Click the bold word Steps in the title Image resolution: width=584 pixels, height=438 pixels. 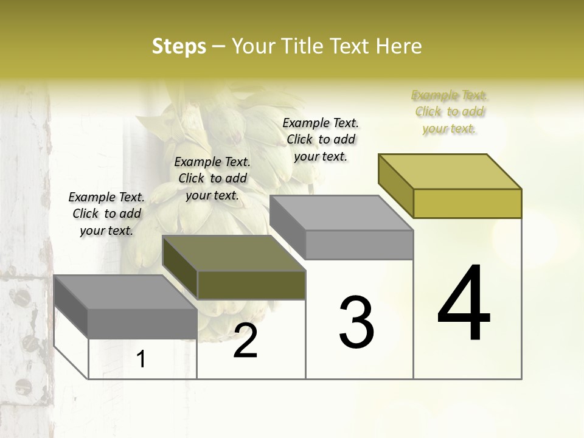(x=179, y=46)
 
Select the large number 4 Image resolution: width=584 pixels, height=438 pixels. (x=464, y=304)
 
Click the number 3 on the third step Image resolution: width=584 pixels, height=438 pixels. (x=356, y=322)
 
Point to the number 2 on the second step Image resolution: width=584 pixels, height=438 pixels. (x=246, y=341)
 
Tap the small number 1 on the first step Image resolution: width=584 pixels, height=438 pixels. (x=141, y=360)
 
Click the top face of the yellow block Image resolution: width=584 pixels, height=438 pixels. (x=450, y=172)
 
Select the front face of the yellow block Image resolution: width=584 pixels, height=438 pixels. (x=467, y=203)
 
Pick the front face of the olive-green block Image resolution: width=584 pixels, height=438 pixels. (x=251, y=285)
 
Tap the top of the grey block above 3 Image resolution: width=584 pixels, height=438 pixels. (x=341, y=213)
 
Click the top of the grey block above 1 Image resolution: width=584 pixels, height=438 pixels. (x=125, y=292)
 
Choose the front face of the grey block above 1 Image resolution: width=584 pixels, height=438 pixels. (x=142, y=324)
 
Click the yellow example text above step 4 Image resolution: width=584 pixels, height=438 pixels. (x=450, y=112)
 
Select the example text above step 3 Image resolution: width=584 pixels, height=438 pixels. (x=321, y=139)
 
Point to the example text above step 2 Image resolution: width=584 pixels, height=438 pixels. (x=212, y=179)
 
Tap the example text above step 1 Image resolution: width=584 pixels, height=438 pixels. (x=106, y=214)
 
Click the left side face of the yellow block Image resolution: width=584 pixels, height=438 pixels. (x=395, y=186)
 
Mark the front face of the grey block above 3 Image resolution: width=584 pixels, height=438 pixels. (x=359, y=245)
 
